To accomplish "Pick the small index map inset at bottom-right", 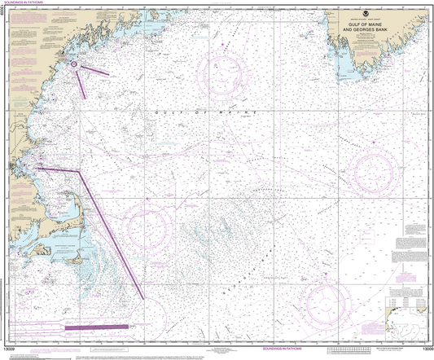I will (407, 310).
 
